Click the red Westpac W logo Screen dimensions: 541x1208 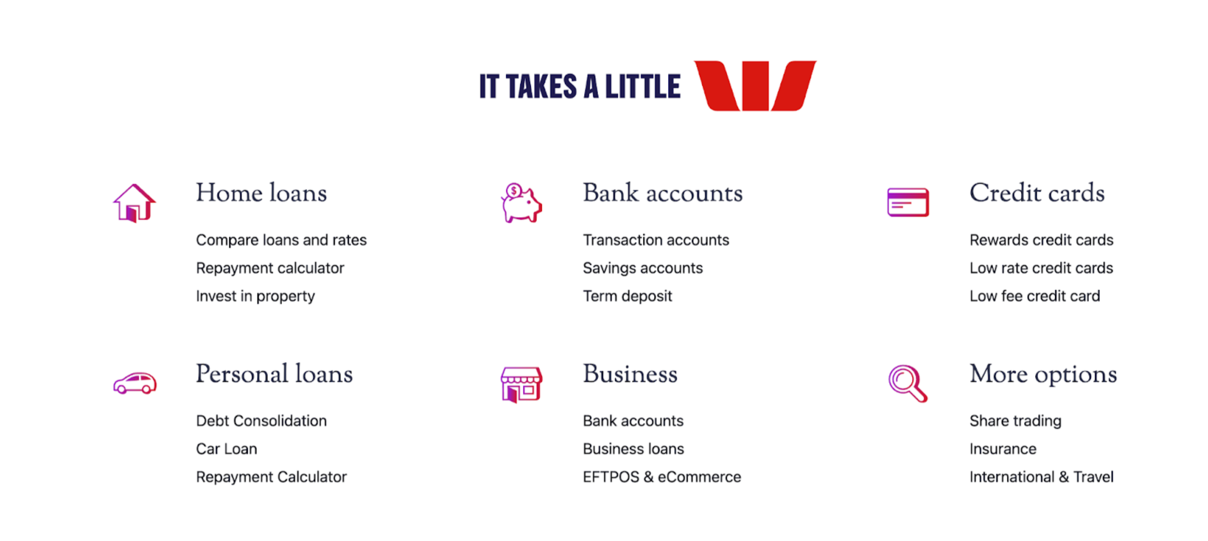[755, 86]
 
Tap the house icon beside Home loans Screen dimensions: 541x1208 [134, 202]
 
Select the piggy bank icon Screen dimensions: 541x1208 [521, 202]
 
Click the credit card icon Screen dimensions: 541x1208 [908, 202]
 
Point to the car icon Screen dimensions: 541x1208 [135, 383]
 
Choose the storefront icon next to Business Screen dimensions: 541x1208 [521, 384]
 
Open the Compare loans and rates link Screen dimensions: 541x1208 [281, 240]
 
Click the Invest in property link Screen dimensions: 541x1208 [255, 296]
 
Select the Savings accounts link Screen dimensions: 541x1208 [642, 268]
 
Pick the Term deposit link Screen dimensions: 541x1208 [627, 296]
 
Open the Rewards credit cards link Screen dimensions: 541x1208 [1041, 240]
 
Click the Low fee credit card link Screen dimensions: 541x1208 [1034, 296]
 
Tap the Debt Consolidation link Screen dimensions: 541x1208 [261, 421]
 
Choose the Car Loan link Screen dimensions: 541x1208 [226, 449]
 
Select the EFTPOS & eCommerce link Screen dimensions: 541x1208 [662, 477]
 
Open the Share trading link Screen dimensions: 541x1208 [1015, 421]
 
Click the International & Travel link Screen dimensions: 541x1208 [1041, 477]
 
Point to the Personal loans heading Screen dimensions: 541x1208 [274, 374]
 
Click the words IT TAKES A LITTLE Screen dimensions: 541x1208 [579, 87]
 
